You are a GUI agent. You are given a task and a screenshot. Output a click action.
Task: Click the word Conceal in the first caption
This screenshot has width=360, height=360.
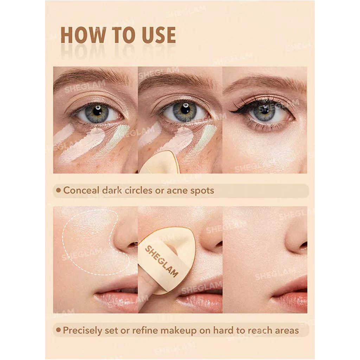[82, 190]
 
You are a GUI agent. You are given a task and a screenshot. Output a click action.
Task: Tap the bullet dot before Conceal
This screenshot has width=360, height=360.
[59, 190]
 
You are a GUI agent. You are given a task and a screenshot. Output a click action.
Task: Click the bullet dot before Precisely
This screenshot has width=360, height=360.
[59, 330]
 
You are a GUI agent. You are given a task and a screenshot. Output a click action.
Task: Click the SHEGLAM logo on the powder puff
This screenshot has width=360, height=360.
[161, 262]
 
